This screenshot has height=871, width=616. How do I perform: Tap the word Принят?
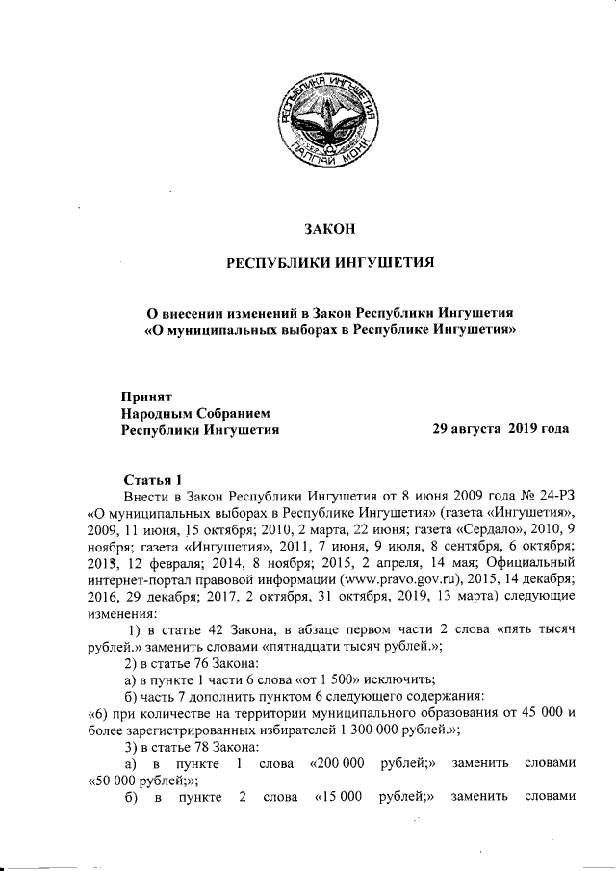(x=146, y=396)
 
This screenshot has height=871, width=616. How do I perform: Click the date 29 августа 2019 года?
(x=500, y=429)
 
